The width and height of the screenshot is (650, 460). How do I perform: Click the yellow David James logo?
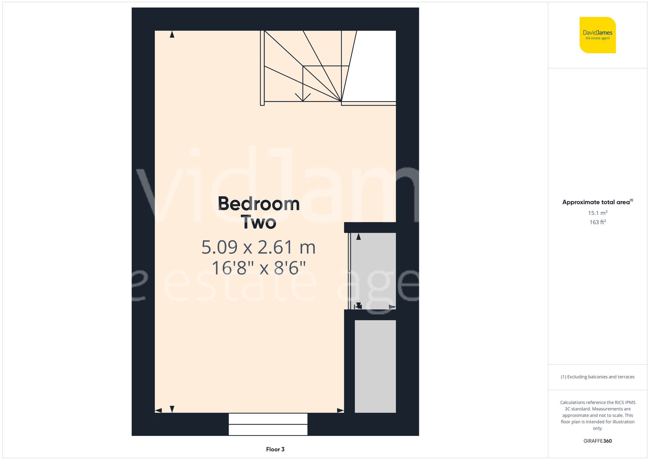597,35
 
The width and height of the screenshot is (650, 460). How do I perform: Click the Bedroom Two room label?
259,213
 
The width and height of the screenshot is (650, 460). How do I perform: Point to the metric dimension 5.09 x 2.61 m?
258,247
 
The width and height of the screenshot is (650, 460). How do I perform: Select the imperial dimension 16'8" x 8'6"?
259,268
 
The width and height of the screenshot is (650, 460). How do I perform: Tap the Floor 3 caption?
275,449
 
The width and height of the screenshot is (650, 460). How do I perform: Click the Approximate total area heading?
597,202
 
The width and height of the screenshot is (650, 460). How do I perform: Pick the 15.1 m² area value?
597,213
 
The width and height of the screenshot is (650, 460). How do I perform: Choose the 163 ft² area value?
597,222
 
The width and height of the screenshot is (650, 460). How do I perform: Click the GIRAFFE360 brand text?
597,441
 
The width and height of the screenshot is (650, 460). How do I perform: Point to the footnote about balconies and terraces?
597,377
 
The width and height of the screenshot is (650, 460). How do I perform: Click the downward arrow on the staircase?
303,97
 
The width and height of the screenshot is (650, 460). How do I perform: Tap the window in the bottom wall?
268,424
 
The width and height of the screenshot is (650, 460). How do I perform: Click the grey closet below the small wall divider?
375,366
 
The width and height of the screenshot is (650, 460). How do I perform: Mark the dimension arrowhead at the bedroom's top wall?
172,34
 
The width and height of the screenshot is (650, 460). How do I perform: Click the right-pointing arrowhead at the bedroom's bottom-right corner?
340,411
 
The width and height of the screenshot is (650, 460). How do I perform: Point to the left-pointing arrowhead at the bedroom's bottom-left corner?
159,411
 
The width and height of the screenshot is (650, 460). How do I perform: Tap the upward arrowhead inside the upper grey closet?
358,237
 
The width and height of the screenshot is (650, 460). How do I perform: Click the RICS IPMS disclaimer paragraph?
597,415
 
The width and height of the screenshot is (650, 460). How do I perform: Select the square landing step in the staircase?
322,83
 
